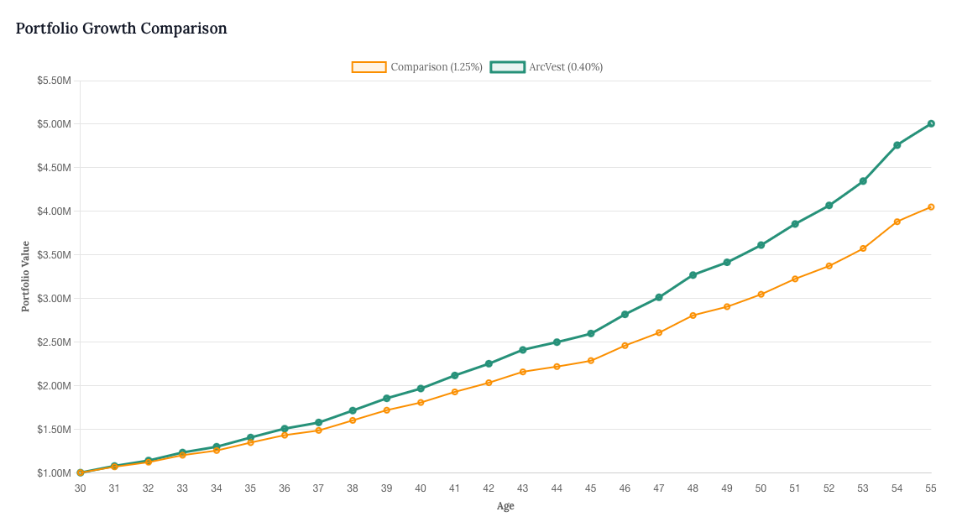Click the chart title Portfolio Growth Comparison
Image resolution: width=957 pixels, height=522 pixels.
click(122, 29)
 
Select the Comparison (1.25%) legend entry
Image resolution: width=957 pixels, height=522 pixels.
click(417, 67)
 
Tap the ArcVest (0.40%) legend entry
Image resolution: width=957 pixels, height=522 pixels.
click(547, 67)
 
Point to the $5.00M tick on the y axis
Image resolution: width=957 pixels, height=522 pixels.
click(54, 124)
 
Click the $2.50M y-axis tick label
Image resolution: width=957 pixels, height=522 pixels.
click(54, 342)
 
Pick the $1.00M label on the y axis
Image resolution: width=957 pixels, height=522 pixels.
click(54, 473)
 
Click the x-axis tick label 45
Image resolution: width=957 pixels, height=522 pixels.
click(591, 488)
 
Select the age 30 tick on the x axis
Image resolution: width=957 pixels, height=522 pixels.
click(81, 488)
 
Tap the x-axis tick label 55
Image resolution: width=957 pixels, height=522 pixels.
click(931, 488)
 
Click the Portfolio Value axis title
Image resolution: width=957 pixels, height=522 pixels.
click(25, 277)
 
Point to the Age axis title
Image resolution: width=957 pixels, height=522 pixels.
click(505, 506)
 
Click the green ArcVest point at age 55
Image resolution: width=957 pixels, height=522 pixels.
click(931, 123)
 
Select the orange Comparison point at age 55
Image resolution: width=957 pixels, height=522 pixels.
click(931, 206)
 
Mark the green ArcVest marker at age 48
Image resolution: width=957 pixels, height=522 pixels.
click(693, 275)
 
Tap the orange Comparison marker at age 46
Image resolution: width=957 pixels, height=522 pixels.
click(625, 346)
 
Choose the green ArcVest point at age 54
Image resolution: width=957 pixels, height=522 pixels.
click(897, 145)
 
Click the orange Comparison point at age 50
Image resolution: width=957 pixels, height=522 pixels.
click(761, 295)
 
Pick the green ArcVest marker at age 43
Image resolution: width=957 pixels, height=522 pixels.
click(523, 350)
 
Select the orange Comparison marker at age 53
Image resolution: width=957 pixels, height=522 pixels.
click(863, 248)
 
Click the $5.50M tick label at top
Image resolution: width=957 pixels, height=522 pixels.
click(54, 81)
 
